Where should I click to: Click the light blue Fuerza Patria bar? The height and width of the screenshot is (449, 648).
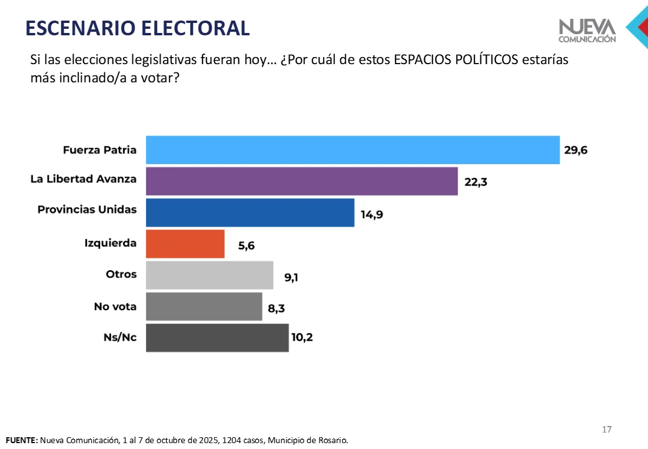[352, 150]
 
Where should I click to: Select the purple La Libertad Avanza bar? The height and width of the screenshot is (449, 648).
[301, 181]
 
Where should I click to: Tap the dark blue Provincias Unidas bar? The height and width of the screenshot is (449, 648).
[250, 212]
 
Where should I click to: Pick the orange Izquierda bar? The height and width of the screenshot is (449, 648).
[185, 244]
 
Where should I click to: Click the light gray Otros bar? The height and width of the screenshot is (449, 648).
[209, 275]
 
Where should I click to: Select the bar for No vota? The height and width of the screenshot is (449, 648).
[204, 307]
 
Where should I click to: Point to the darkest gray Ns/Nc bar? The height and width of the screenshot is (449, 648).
[217, 338]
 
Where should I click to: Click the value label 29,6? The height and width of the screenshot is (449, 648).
[576, 151]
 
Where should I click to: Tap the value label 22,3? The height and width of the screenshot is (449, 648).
[476, 182]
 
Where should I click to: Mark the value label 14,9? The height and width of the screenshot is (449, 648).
[371, 214]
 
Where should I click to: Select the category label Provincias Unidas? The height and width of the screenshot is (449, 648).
[87, 209]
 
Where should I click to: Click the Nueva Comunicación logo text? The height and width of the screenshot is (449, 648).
[587, 31]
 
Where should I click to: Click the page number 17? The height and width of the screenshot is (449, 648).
[607, 430]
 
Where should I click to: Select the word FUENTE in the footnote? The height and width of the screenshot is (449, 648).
[21, 440]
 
